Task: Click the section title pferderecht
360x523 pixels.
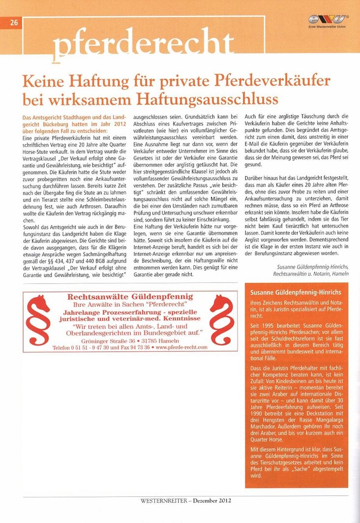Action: [143, 45]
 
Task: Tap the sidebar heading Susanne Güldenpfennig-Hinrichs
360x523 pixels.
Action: [296, 292]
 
